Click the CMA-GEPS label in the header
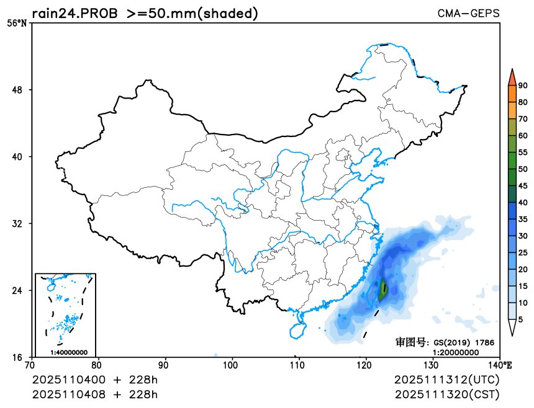468,12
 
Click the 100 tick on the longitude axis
232,365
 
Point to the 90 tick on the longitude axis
165,365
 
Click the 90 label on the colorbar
523,86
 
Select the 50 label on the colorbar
523,169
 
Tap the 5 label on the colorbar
520,319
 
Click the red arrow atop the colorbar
512,76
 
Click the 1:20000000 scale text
455,352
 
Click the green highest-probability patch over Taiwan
382,290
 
